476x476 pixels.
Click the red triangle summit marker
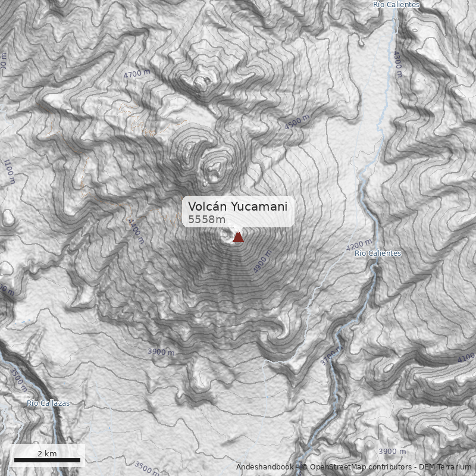[x=238, y=237]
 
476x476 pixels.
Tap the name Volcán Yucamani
[x=237, y=206]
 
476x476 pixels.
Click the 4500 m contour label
[x=297, y=123]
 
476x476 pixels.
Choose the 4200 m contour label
[x=359, y=245]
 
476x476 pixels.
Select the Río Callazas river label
[x=48, y=403]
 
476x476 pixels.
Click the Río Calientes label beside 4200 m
[x=378, y=253]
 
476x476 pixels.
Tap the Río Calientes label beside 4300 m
[x=396, y=5]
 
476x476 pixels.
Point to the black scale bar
[x=47, y=461]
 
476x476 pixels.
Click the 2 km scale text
[x=47, y=453]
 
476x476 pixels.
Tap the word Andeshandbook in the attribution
[x=264, y=468]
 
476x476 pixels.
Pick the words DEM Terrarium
[x=444, y=468]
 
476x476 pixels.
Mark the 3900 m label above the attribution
[x=392, y=452]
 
